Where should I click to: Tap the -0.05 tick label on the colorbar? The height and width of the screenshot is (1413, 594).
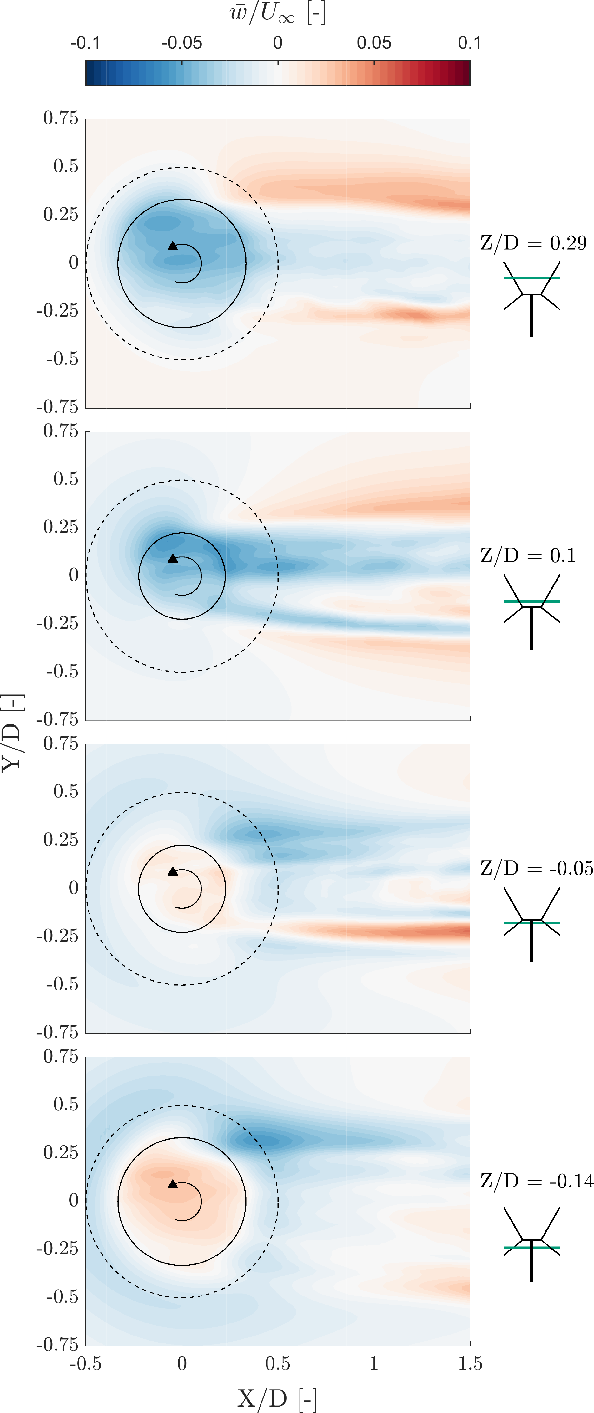click(x=181, y=43)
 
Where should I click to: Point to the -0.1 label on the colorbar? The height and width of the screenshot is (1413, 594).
click(x=86, y=43)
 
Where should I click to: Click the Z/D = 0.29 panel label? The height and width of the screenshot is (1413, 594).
click(x=533, y=243)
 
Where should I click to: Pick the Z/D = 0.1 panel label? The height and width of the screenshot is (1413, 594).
click(x=528, y=555)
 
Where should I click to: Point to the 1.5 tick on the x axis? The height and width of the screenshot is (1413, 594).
click(x=470, y=1363)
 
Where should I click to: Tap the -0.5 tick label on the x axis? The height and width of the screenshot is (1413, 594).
click(x=86, y=1363)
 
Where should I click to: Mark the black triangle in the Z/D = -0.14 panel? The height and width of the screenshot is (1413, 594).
click(x=173, y=1184)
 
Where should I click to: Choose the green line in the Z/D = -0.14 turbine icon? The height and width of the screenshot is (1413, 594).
click(x=531, y=1248)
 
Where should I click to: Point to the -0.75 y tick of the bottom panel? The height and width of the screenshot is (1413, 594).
click(x=57, y=1344)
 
